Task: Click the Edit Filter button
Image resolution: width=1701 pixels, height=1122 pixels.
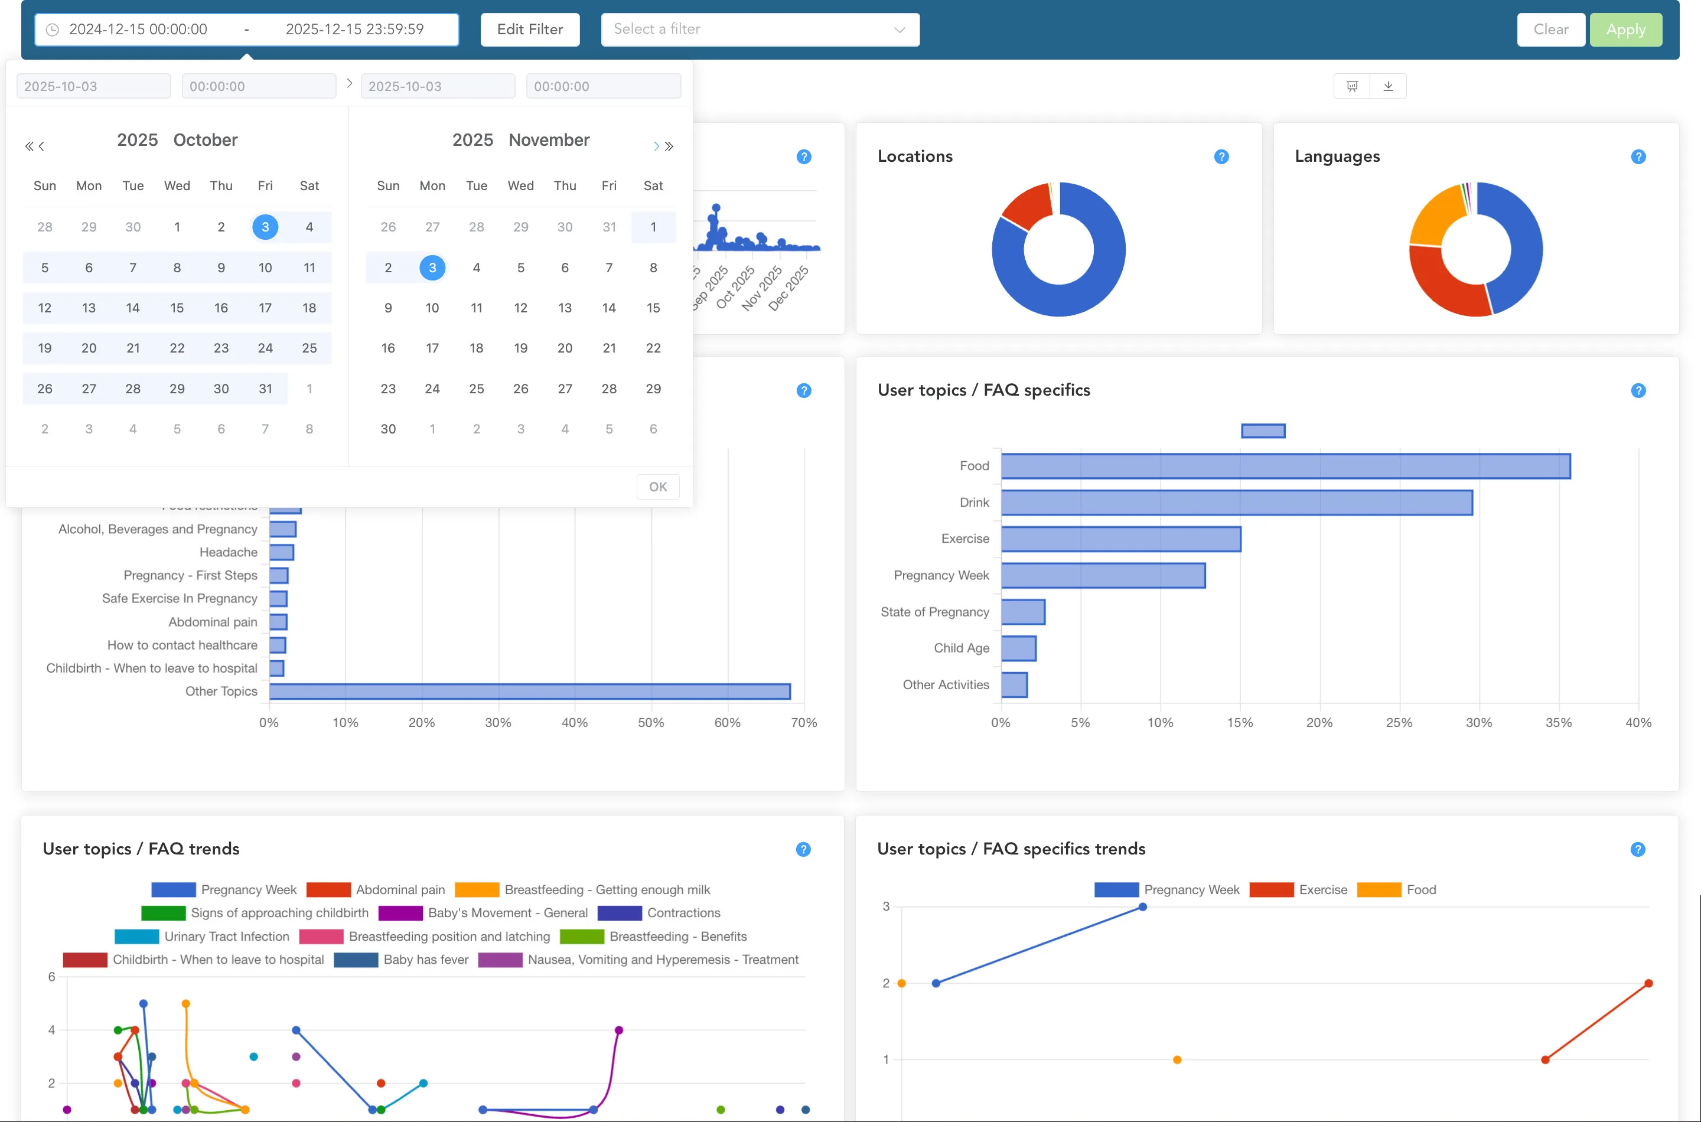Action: point(530,30)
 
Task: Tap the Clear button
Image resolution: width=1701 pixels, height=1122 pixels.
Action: point(1550,30)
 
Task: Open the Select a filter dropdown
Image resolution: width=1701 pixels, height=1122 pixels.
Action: point(760,30)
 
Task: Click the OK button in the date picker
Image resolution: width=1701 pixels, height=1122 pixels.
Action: point(657,487)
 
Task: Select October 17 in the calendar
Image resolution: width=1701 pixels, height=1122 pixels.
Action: point(265,308)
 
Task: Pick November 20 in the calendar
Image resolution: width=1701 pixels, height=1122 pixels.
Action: point(565,348)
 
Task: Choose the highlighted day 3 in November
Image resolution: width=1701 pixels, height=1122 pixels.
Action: point(432,268)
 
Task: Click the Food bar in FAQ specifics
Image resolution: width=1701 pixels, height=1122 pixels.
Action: point(1285,466)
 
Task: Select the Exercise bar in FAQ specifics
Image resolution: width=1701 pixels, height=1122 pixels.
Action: point(1120,539)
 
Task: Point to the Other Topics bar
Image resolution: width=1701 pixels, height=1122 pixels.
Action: point(530,692)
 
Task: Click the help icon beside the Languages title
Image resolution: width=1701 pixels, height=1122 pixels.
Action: point(1638,156)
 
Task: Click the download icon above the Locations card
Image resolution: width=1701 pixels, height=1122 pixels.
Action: point(1387,86)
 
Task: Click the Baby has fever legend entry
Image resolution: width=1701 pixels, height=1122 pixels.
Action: point(425,960)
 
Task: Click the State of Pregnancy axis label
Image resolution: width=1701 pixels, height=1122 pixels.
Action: point(934,612)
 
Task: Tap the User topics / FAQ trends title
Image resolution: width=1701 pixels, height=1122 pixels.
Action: point(141,849)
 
